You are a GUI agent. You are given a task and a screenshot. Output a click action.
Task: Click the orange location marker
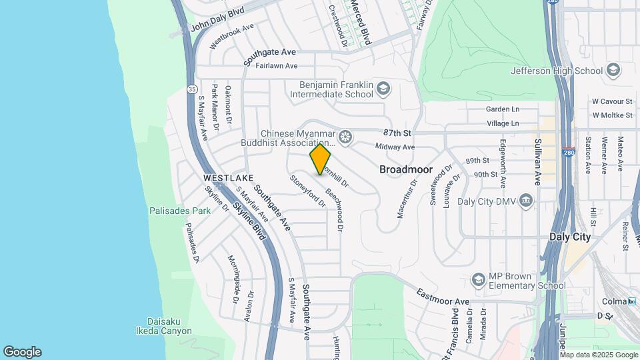321,159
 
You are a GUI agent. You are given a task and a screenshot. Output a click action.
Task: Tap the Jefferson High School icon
613,71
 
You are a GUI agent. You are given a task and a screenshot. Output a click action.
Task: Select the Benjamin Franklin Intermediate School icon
383,88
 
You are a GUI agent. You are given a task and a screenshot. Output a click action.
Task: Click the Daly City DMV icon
526,200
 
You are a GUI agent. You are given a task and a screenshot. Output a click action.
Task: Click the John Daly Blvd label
218,19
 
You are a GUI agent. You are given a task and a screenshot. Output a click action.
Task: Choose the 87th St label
396,133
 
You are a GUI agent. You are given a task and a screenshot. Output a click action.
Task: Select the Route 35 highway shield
192,87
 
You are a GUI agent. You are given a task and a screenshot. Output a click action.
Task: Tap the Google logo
23,351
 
